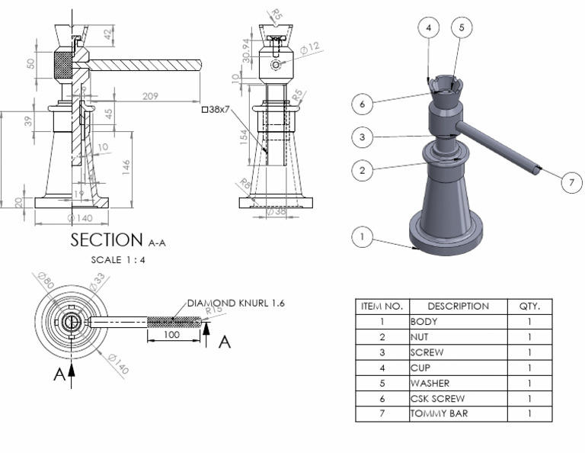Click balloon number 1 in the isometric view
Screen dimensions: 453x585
[363, 237]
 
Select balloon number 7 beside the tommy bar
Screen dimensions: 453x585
[571, 182]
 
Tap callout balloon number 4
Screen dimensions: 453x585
[429, 27]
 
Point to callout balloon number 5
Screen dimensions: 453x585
[462, 27]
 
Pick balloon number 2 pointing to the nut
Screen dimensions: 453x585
[363, 171]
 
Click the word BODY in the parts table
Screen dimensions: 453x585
[424, 322]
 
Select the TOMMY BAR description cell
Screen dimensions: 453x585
[439, 414]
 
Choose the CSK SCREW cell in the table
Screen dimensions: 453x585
[437, 399]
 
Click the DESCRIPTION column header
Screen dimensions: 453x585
[459, 307]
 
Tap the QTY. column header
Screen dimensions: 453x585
[529, 307]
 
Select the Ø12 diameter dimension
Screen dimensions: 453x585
[309, 47]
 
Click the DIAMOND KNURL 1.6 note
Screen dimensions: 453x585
[234, 303]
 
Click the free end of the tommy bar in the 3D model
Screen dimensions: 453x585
[539, 171]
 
